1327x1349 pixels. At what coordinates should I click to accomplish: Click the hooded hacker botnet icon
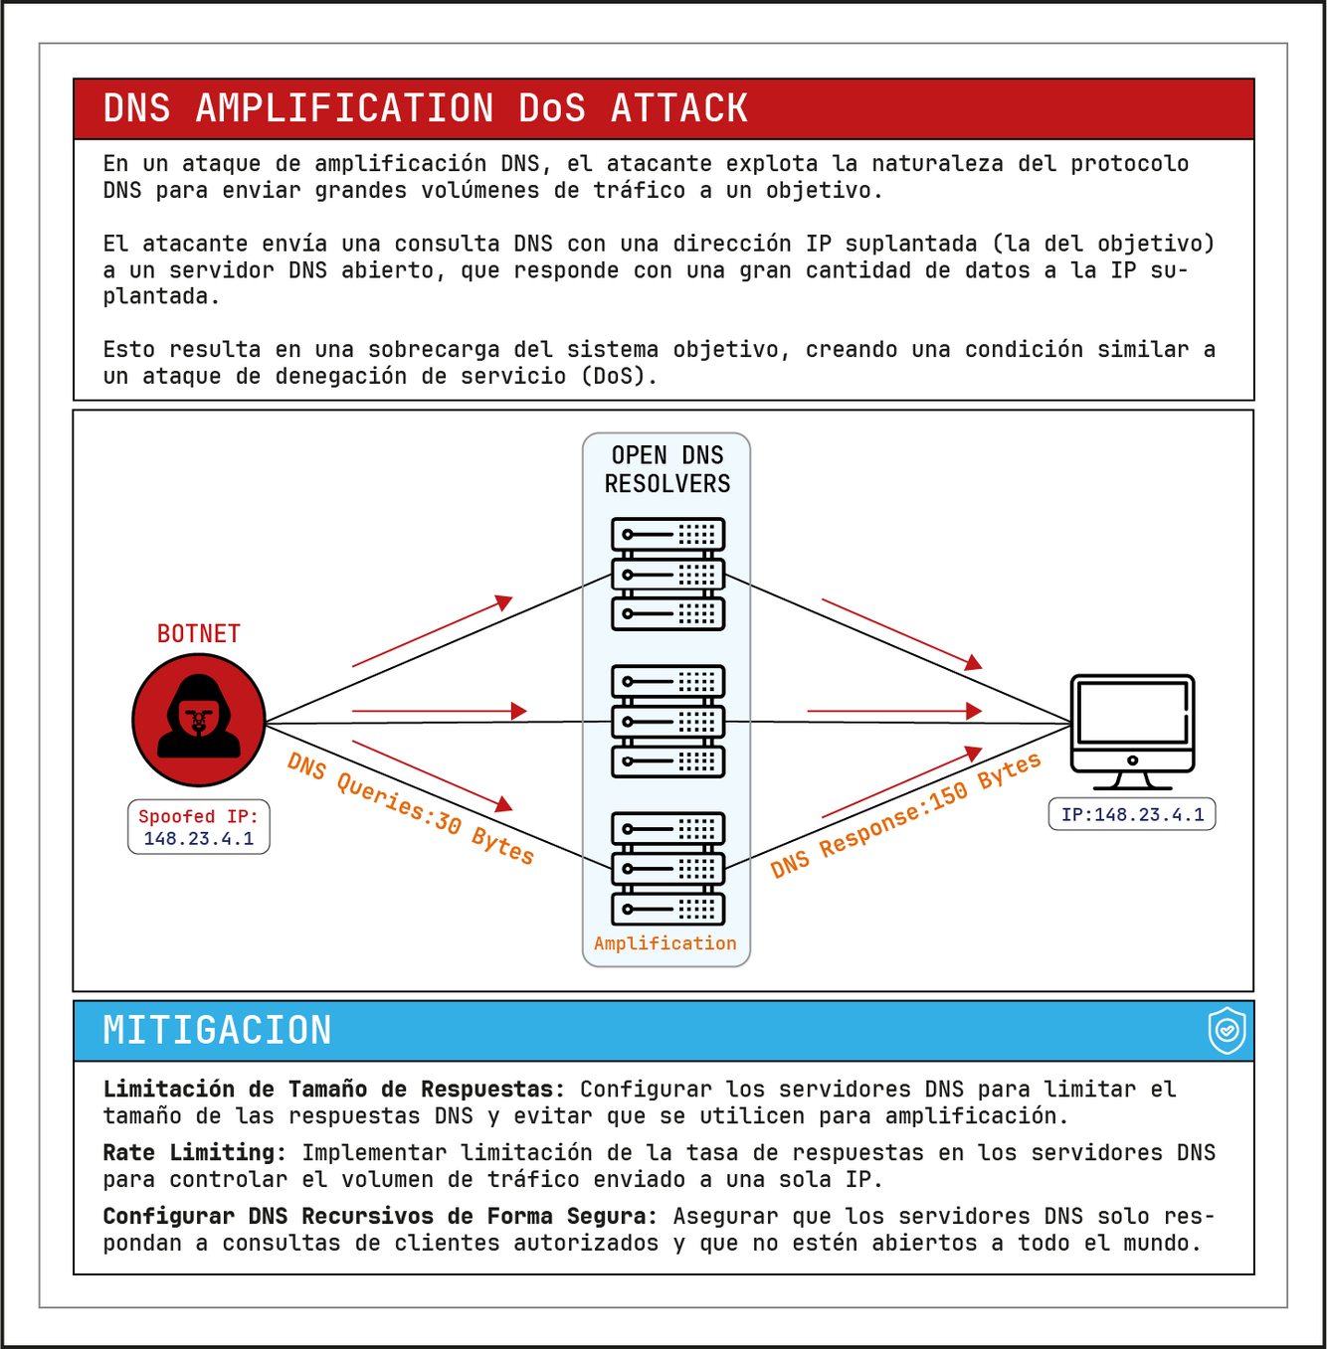coord(199,720)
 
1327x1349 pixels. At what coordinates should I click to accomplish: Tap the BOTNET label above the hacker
coord(199,634)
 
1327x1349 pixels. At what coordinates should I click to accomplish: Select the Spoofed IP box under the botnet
coord(199,827)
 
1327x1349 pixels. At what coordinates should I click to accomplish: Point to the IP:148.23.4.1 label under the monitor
coord(1132,815)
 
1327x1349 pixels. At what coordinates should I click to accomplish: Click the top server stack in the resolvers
coord(667,575)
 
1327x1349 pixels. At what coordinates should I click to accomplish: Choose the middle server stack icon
coord(667,722)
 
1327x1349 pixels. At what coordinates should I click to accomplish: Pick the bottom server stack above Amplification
coord(667,869)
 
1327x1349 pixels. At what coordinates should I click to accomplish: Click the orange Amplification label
coord(665,943)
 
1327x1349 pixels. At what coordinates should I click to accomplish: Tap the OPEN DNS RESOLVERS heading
coord(667,469)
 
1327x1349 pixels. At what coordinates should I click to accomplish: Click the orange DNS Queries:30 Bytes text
coord(411,808)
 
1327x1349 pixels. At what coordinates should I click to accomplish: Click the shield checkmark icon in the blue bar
coord(1228,1030)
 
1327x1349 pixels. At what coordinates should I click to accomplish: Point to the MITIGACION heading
coord(218,1031)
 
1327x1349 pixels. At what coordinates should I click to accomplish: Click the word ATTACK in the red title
coord(679,108)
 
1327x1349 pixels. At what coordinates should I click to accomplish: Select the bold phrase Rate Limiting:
coord(195,1153)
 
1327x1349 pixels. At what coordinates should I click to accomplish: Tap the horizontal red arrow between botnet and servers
coord(439,711)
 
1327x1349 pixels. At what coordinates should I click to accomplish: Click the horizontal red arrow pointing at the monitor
coord(894,711)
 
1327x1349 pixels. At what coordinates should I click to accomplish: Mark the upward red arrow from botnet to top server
coord(433,631)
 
